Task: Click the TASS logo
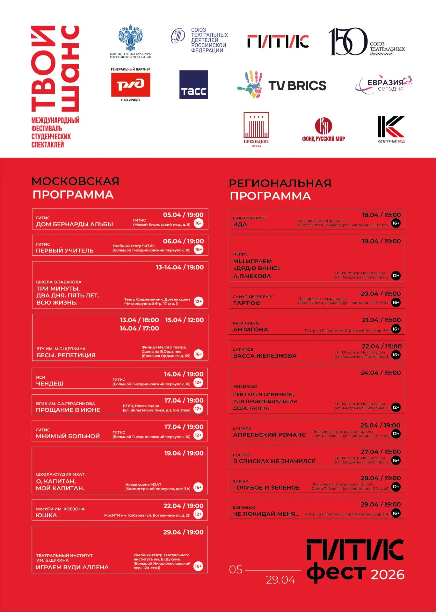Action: click(193, 84)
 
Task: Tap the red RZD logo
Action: click(130, 84)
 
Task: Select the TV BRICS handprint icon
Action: click(250, 85)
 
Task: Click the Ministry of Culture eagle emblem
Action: click(130, 38)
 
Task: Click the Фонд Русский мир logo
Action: click(323, 126)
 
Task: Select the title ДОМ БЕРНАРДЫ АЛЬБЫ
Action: click(75, 224)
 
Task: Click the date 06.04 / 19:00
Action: click(183, 241)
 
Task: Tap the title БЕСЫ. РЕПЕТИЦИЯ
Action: click(66, 355)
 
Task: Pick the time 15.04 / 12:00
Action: click(184, 320)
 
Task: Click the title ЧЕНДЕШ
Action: click(50, 384)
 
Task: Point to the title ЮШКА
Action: click(47, 515)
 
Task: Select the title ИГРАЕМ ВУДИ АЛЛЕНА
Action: click(72, 567)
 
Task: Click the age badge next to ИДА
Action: click(396, 223)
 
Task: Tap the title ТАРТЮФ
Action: click(247, 303)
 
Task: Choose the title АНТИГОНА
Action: click(251, 330)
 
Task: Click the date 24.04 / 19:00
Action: click(381, 373)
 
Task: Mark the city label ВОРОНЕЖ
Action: click(244, 507)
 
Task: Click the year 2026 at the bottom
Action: click(388, 575)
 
